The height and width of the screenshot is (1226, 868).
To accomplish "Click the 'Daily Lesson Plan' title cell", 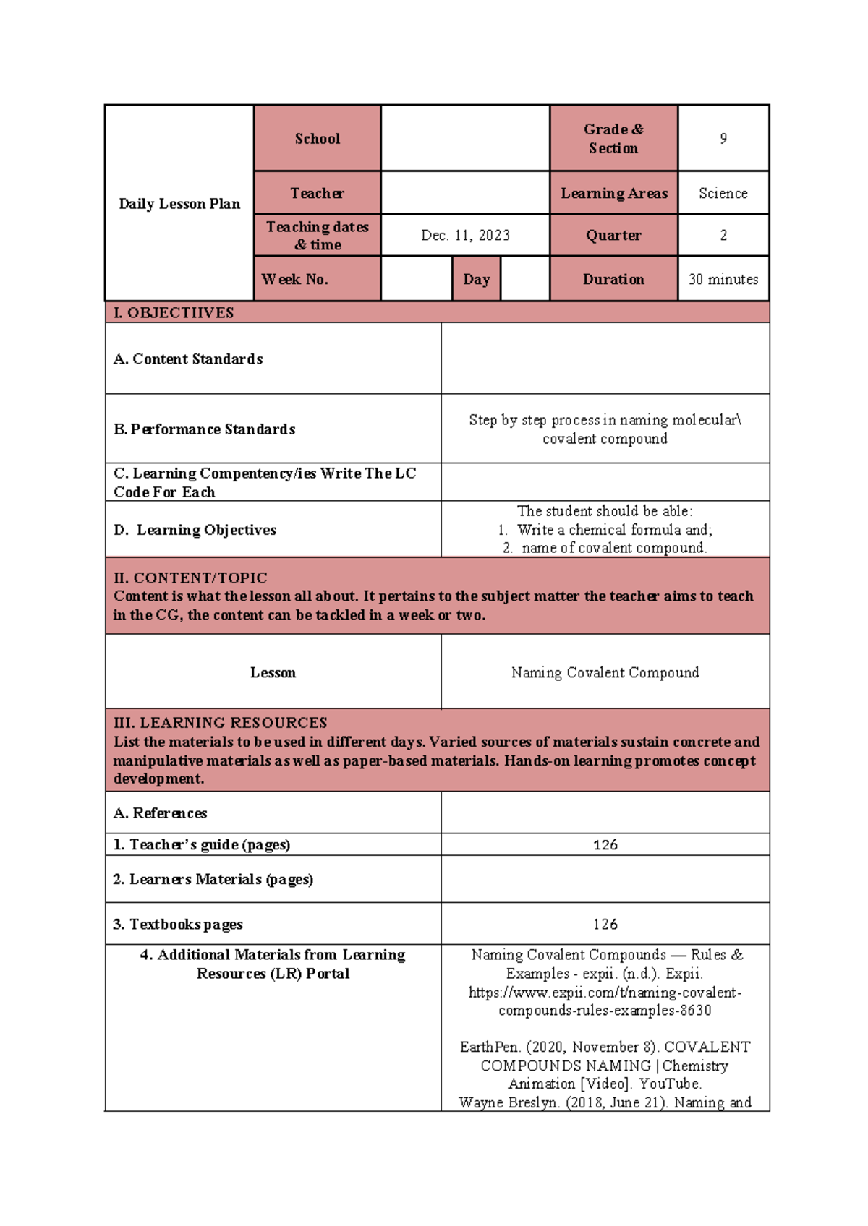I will (x=179, y=204).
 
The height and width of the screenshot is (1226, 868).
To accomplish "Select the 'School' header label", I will (x=317, y=139).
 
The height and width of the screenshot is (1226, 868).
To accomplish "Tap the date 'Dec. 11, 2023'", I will (x=465, y=236).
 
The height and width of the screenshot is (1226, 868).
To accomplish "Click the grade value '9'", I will (x=723, y=139).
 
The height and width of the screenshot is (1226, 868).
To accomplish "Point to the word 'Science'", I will (x=723, y=194).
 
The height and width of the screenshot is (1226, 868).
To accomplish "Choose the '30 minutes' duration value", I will (x=723, y=280).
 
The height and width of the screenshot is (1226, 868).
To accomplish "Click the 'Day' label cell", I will (x=476, y=280).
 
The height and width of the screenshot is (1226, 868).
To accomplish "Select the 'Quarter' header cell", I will (x=613, y=236).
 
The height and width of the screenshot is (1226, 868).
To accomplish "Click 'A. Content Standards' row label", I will (x=188, y=359).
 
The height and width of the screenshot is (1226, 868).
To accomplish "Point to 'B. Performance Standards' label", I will (x=205, y=429).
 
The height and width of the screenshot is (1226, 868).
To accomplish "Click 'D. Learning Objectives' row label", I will (x=195, y=530).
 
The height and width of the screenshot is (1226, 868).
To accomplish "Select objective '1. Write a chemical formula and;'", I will (x=605, y=530).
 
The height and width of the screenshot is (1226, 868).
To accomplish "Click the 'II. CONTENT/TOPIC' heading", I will (x=190, y=578).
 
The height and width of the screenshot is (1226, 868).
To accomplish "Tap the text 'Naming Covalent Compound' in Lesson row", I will (x=605, y=673).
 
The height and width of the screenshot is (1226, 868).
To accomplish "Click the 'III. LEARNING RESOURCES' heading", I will (x=220, y=723).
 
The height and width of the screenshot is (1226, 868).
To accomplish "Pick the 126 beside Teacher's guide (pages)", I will (x=605, y=845).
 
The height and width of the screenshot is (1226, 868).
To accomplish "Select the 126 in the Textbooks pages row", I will (x=605, y=925).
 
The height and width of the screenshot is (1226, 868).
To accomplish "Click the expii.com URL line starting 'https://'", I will (x=605, y=993).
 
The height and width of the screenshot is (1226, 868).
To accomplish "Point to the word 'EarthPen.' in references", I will (x=490, y=1047).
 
